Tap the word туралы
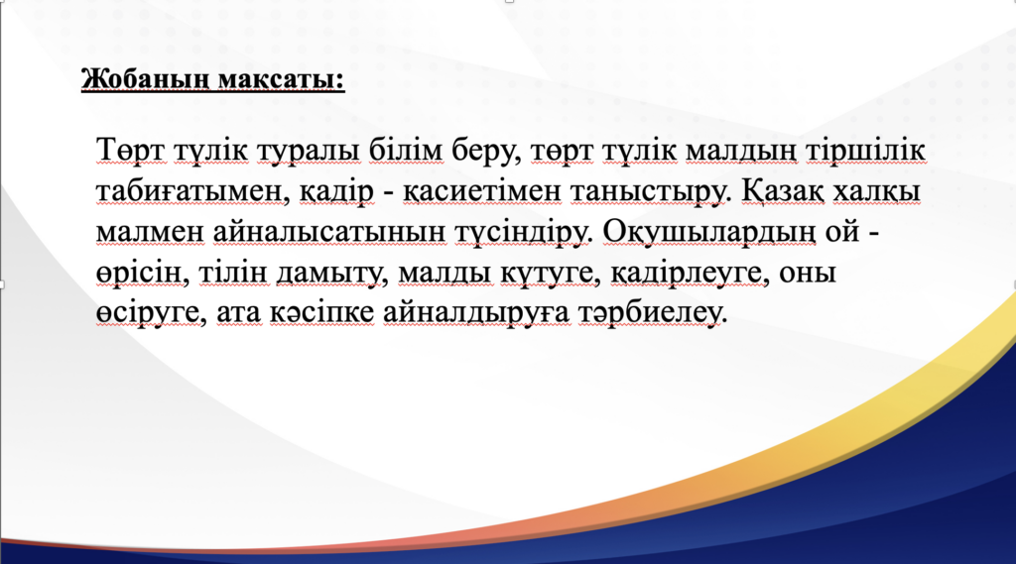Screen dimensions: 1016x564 coord(309,152)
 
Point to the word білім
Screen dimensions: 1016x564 coord(406,151)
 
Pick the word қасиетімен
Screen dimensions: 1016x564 coord(482,192)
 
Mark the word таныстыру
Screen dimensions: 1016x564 coord(650,192)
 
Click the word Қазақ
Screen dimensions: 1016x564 coord(782,192)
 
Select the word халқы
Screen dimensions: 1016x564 coord(876,192)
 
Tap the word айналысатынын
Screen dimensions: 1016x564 coord(329,233)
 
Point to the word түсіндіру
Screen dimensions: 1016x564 coord(524,233)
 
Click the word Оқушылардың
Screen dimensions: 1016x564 coord(709,233)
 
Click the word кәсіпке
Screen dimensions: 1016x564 coord(320,313)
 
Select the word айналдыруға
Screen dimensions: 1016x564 coord(476,313)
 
